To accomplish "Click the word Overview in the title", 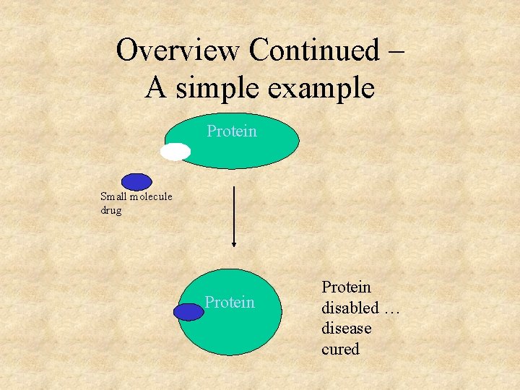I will click(x=178, y=51).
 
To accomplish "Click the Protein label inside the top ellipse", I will click(x=232, y=131).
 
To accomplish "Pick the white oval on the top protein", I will click(x=175, y=152).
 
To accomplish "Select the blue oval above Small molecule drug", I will click(x=136, y=182).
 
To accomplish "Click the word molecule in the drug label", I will click(x=150, y=196).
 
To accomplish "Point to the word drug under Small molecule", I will click(x=111, y=210).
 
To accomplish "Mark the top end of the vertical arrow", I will click(x=234, y=187).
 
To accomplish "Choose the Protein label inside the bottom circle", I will click(x=230, y=302).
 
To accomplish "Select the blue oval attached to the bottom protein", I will click(x=188, y=311).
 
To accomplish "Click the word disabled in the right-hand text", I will click(x=350, y=308).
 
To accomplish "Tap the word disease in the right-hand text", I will click(x=347, y=328).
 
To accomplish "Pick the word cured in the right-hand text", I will click(x=340, y=349).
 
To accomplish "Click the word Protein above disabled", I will click(x=346, y=287).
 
